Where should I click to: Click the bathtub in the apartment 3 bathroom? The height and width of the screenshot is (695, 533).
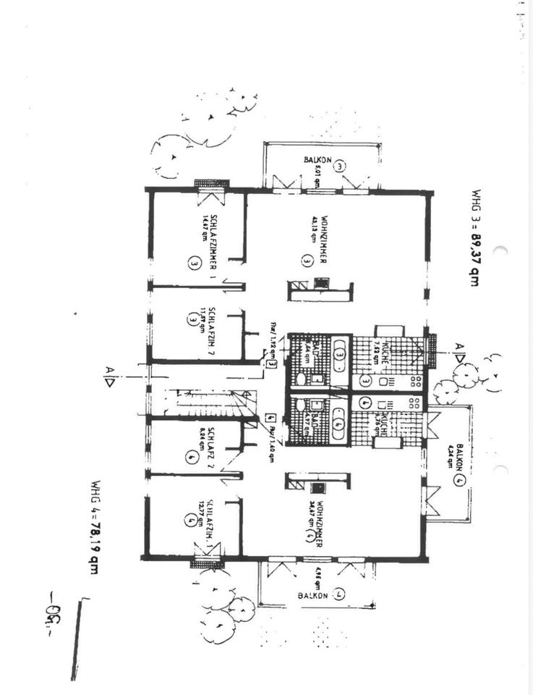point(341,358)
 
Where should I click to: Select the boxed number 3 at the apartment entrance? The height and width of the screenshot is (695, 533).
point(270,363)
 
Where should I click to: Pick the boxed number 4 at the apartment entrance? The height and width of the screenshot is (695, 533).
point(269,418)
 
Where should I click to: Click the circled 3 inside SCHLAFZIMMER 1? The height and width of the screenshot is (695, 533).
point(194,264)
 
